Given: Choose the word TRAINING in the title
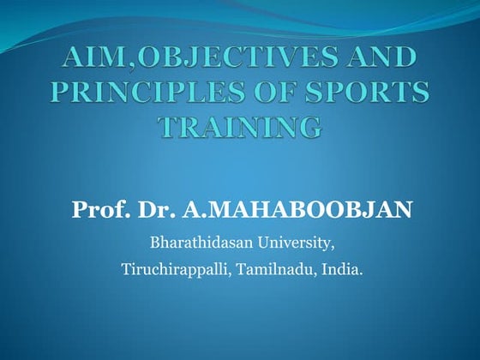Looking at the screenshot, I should click(240, 127).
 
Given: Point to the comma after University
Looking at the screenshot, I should click(333, 245).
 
